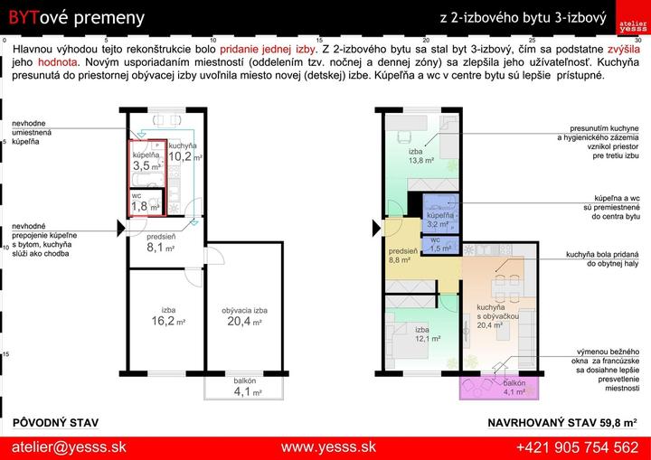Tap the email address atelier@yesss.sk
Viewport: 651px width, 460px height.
coord(69,447)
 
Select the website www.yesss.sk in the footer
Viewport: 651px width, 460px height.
coord(328,447)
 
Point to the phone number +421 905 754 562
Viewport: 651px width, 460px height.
coord(578,447)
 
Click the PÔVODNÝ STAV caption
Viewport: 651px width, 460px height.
coord(56,423)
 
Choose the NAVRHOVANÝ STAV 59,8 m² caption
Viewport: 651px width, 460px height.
coord(562,423)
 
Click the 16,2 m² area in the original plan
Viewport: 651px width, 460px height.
coord(168,321)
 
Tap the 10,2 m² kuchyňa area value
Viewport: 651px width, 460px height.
coord(184,156)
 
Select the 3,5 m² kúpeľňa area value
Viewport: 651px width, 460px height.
coord(146,165)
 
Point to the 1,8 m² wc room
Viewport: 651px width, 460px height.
coord(146,202)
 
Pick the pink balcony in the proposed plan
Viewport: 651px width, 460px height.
coord(499,388)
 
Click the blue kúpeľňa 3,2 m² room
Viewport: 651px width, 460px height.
coord(441,214)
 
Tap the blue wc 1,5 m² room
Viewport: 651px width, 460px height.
coord(440,245)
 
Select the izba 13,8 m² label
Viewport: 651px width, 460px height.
coord(420,155)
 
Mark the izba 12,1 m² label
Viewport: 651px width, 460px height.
coord(428,334)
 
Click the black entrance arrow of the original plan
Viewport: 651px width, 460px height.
coord(121,229)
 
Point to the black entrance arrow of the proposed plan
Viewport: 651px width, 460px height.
coord(376,229)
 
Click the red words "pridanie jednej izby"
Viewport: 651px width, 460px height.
coord(268,49)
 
